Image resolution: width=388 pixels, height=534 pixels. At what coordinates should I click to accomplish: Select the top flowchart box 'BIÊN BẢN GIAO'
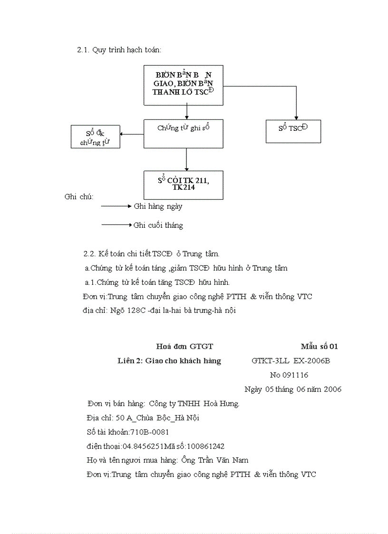[x=183, y=85]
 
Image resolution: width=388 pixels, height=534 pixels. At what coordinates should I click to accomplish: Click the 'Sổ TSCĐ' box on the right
[x=293, y=131]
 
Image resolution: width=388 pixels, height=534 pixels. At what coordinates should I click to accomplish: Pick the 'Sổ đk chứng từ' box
[x=95, y=136]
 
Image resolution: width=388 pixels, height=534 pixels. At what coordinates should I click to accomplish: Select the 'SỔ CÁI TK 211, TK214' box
[x=183, y=184]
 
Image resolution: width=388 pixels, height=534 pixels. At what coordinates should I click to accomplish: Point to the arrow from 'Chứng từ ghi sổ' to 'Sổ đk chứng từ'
[x=131, y=134]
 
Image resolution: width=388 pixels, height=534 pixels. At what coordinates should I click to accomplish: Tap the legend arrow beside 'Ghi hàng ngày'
[x=116, y=206]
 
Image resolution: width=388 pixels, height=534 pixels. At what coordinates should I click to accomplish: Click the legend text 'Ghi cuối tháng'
[x=158, y=225]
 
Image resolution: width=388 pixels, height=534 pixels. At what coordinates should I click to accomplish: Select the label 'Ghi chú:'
[x=79, y=197]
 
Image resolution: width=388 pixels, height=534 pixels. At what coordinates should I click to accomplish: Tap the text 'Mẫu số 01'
[x=319, y=347]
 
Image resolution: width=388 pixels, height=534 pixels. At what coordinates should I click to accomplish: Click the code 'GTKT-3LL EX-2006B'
[x=291, y=361]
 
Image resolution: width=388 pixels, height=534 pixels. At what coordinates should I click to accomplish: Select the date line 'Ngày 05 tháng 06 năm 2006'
[x=292, y=389]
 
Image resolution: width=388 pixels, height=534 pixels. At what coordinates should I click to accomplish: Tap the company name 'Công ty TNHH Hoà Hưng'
[x=194, y=404]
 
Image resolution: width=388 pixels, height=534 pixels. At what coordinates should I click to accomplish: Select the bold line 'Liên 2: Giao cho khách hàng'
[x=169, y=361]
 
